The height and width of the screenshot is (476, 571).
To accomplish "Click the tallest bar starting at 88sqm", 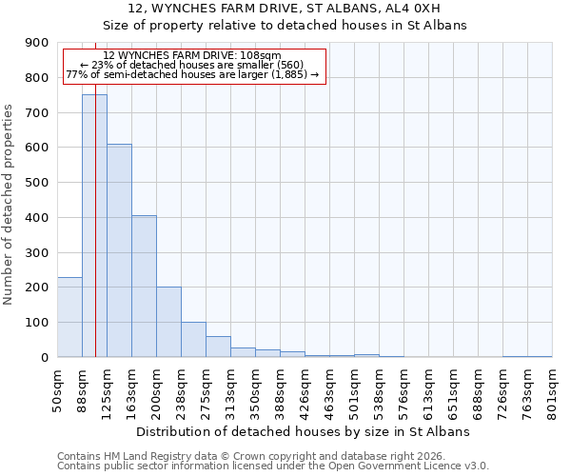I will (94, 226).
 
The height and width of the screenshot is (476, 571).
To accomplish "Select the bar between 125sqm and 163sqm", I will (119, 250).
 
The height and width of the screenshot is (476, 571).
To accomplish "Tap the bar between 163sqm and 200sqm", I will (144, 286).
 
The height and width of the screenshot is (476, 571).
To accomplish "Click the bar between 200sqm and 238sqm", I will (168, 322).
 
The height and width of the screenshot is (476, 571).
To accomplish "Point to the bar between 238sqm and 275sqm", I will (193, 340).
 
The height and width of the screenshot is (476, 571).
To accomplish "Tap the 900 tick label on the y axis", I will (37, 43).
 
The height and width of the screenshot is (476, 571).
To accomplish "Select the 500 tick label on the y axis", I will (37, 183).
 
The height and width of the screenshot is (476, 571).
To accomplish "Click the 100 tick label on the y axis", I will (37, 323).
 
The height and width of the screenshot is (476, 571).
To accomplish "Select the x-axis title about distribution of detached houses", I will (305, 431).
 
